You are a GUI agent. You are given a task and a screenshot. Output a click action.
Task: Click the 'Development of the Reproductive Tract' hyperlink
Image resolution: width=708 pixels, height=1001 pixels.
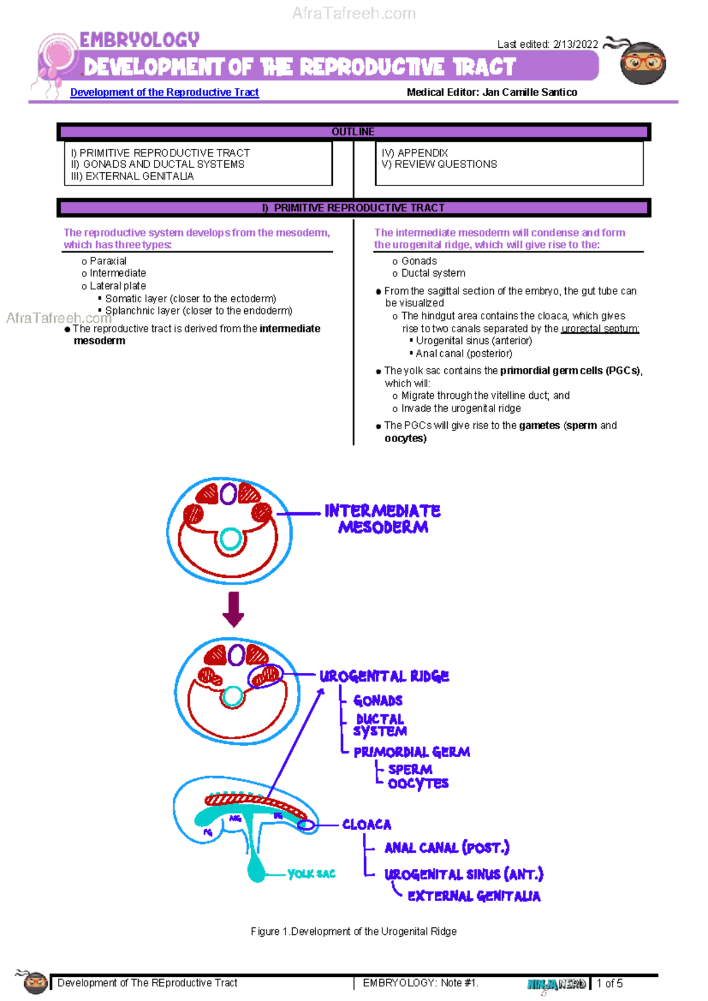[164, 92]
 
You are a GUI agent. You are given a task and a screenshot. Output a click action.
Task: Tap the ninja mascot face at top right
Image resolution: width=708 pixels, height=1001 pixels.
[643, 62]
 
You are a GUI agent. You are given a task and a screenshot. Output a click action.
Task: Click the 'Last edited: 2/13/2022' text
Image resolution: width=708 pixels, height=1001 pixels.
[547, 44]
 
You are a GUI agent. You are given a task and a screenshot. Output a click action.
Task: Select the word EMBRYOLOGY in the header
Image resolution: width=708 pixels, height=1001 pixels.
[139, 40]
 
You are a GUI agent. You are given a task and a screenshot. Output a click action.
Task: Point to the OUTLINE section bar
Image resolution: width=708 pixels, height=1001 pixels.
[353, 132]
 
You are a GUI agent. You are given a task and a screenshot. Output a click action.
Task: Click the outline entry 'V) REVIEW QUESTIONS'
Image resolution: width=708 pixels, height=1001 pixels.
[439, 164]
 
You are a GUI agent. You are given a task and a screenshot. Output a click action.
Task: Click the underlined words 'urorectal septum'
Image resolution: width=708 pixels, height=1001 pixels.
[599, 329]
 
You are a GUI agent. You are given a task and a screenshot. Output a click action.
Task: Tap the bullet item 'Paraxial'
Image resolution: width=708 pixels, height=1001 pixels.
[108, 261]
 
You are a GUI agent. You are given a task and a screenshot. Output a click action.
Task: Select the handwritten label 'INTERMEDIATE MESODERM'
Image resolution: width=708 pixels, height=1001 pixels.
[382, 519]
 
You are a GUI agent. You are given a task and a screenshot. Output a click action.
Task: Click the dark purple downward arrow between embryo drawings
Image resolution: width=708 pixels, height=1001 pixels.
[234, 609]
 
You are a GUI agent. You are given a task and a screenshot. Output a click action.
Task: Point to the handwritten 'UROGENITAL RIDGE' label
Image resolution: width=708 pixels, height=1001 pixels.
[384, 676]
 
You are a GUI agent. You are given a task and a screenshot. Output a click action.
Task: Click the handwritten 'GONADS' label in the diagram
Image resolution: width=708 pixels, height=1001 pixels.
[378, 701]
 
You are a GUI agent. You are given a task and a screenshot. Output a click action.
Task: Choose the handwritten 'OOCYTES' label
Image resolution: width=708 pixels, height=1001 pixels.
[418, 784]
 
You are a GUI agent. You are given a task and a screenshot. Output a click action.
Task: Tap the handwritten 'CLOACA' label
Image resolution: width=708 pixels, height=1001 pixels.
[366, 825]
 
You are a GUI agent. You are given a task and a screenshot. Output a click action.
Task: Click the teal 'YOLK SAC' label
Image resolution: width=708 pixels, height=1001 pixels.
[311, 874]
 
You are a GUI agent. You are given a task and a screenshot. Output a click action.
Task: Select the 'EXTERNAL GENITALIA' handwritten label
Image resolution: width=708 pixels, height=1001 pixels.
[474, 896]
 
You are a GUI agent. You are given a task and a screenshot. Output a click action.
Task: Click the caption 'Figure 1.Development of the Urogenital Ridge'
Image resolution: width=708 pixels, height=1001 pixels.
[353, 931]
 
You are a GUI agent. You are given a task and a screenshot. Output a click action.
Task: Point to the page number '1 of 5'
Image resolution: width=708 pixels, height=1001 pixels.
[609, 983]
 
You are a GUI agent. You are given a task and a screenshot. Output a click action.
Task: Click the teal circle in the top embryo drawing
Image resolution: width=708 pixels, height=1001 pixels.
[230, 538]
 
